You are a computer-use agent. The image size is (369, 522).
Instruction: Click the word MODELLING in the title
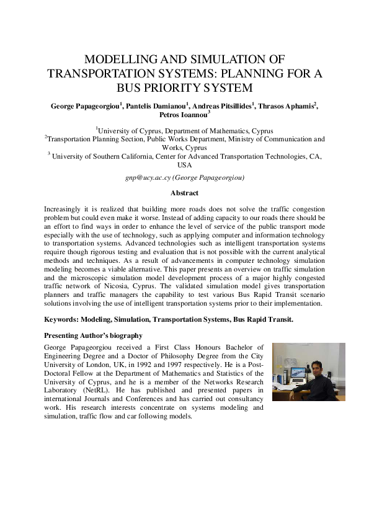click(x=113, y=60)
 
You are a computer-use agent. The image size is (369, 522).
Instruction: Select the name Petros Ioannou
click(x=184, y=115)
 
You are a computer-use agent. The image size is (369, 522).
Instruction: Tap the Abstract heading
click(x=184, y=193)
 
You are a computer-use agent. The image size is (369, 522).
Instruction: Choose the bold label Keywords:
click(x=64, y=319)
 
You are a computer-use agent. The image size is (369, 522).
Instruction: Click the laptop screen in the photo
click(x=298, y=373)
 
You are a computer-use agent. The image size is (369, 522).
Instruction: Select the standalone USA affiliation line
click(x=184, y=166)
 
